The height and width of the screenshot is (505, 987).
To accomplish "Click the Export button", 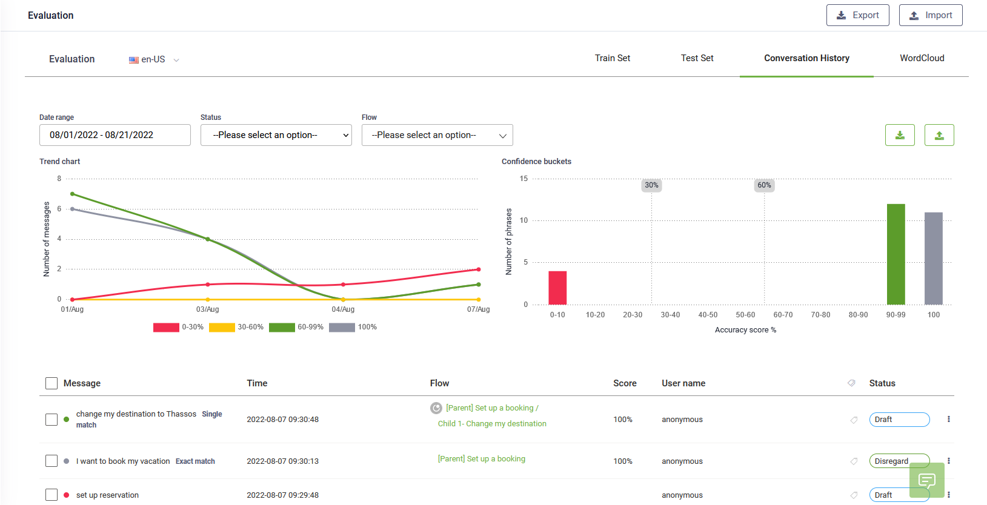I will pyautogui.click(x=857, y=15).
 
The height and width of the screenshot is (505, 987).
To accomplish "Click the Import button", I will pyautogui.click(x=930, y=15).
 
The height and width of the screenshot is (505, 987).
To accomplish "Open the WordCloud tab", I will pyautogui.click(x=922, y=58).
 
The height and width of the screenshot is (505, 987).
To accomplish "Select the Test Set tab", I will pyautogui.click(x=697, y=58).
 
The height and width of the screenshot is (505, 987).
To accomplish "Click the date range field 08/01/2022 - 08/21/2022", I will pyautogui.click(x=115, y=135).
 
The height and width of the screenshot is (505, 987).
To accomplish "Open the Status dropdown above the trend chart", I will pyautogui.click(x=276, y=135).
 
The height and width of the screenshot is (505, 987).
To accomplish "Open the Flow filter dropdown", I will pyautogui.click(x=437, y=135).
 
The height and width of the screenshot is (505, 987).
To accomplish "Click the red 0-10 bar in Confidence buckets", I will pyautogui.click(x=557, y=288).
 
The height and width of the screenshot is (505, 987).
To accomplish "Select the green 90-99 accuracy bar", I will pyautogui.click(x=896, y=254).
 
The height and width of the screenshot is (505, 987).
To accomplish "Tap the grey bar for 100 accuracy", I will pyautogui.click(x=933, y=259).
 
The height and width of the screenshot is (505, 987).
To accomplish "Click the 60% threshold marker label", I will pyautogui.click(x=764, y=185).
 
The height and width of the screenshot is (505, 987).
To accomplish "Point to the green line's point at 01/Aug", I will pyautogui.click(x=73, y=194).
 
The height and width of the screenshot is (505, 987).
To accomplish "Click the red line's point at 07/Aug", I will pyautogui.click(x=479, y=269).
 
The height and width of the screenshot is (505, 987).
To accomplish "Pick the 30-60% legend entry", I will pyautogui.click(x=236, y=327).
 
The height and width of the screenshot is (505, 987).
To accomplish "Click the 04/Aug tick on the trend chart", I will pyautogui.click(x=343, y=309).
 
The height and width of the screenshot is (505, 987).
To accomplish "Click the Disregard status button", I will pyautogui.click(x=899, y=461).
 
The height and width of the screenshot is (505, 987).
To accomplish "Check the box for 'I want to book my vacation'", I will pyautogui.click(x=52, y=461).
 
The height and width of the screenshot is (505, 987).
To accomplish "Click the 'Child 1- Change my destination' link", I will pyautogui.click(x=492, y=424).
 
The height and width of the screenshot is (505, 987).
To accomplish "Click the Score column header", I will pyautogui.click(x=625, y=383).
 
